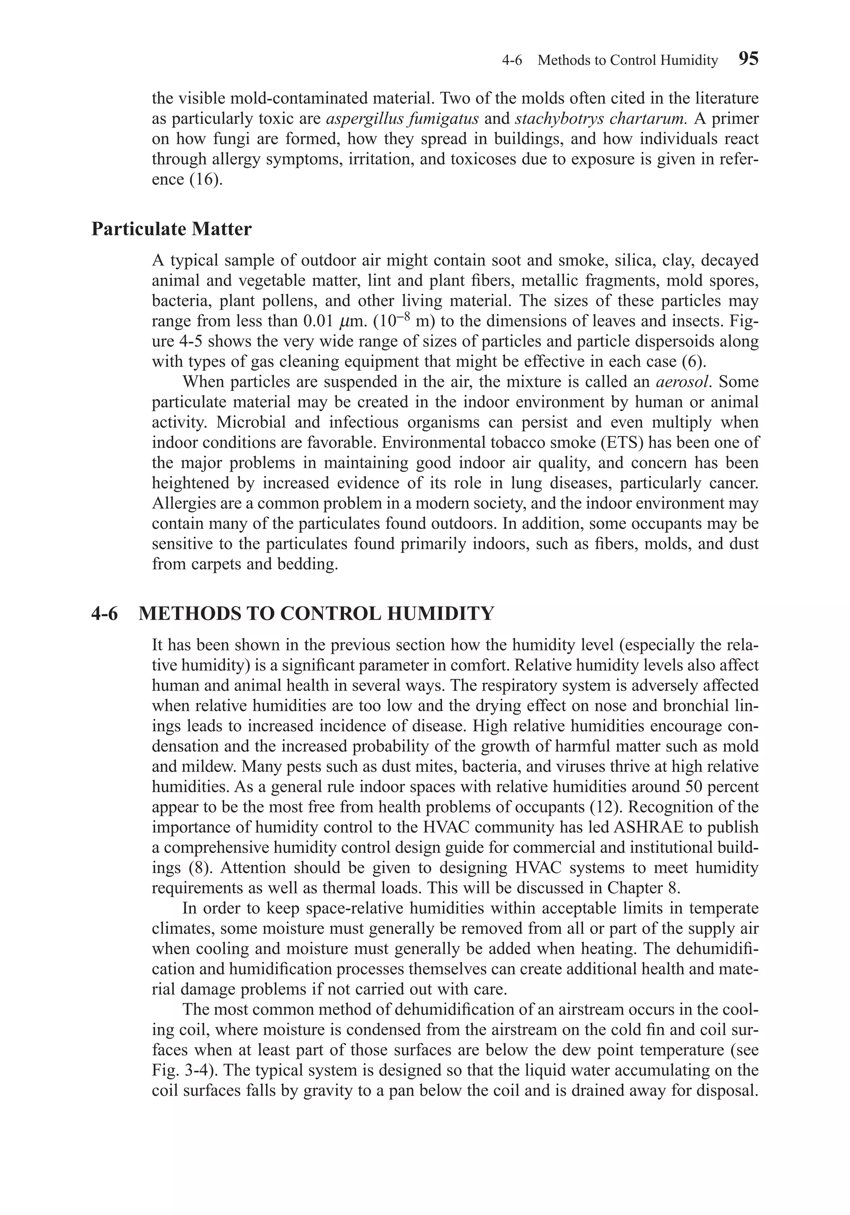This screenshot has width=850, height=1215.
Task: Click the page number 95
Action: click(x=747, y=59)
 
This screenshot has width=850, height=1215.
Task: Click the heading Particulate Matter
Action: click(x=171, y=229)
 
